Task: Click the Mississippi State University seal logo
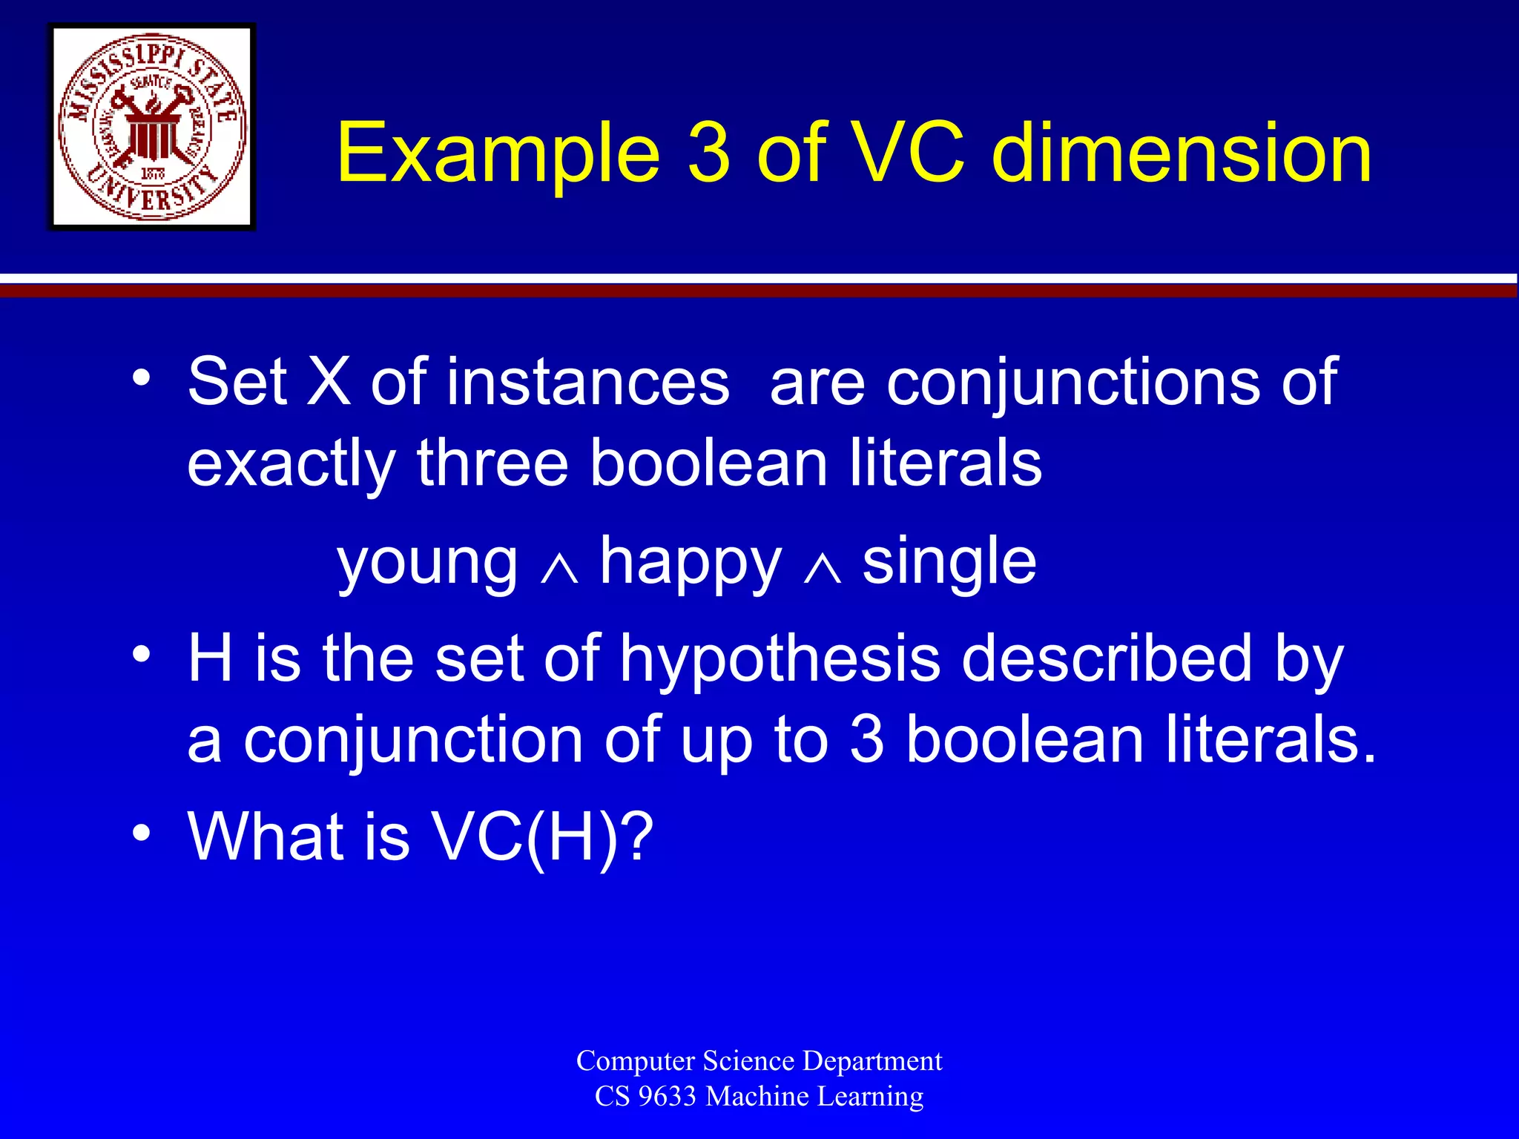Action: click(x=152, y=127)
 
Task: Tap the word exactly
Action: click(x=291, y=466)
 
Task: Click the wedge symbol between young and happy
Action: click(x=559, y=569)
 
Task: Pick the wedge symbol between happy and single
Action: click(x=823, y=569)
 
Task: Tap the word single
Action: click(x=949, y=562)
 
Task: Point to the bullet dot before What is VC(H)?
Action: click(x=142, y=833)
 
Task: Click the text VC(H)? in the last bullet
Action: click(x=542, y=838)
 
